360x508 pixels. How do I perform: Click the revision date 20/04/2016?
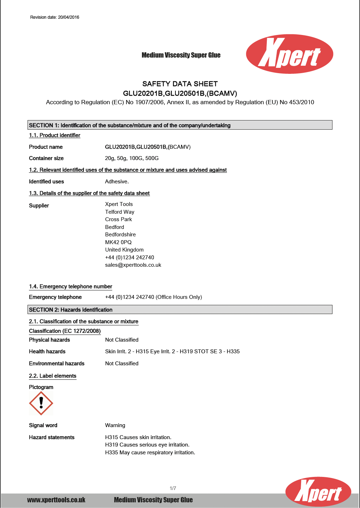click(x=55, y=17)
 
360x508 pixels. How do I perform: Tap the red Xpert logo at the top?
click(x=289, y=54)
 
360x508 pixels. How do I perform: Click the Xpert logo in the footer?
click(x=318, y=492)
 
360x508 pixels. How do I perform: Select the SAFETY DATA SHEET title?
click(x=180, y=84)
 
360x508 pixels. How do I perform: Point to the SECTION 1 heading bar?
click(x=180, y=125)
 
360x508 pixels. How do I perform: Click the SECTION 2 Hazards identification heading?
click(x=71, y=310)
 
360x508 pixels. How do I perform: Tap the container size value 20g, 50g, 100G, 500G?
click(x=132, y=158)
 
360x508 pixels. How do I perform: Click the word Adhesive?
click(x=117, y=182)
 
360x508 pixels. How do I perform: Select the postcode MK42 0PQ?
click(x=118, y=242)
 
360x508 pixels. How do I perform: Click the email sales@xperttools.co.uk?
click(x=133, y=265)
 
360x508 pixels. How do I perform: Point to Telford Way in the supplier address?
click(x=120, y=212)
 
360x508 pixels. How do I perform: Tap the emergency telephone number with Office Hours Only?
click(x=154, y=297)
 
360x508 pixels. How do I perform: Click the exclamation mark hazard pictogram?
click(x=41, y=403)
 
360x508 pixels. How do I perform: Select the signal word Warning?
click(x=115, y=425)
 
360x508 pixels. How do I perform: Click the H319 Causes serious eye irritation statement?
click(x=147, y=445)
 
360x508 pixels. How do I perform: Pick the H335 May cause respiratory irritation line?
click(x=150, y=453)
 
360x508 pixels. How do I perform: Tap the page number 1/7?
click(x=173, y=488)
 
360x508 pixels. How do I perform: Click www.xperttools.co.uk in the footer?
click(x=56, y=500)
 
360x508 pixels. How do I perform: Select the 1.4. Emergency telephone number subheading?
click(x=71, y=287)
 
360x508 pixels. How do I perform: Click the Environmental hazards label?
click(x=56, y=364)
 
